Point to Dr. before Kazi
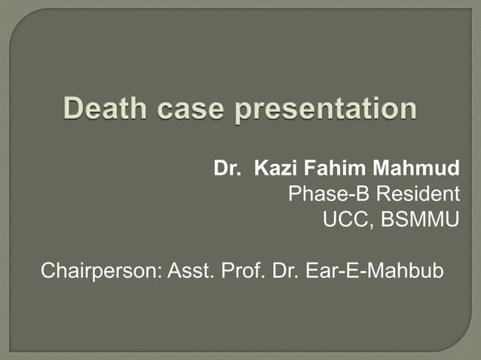point(226,167)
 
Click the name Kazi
point(274,167)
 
